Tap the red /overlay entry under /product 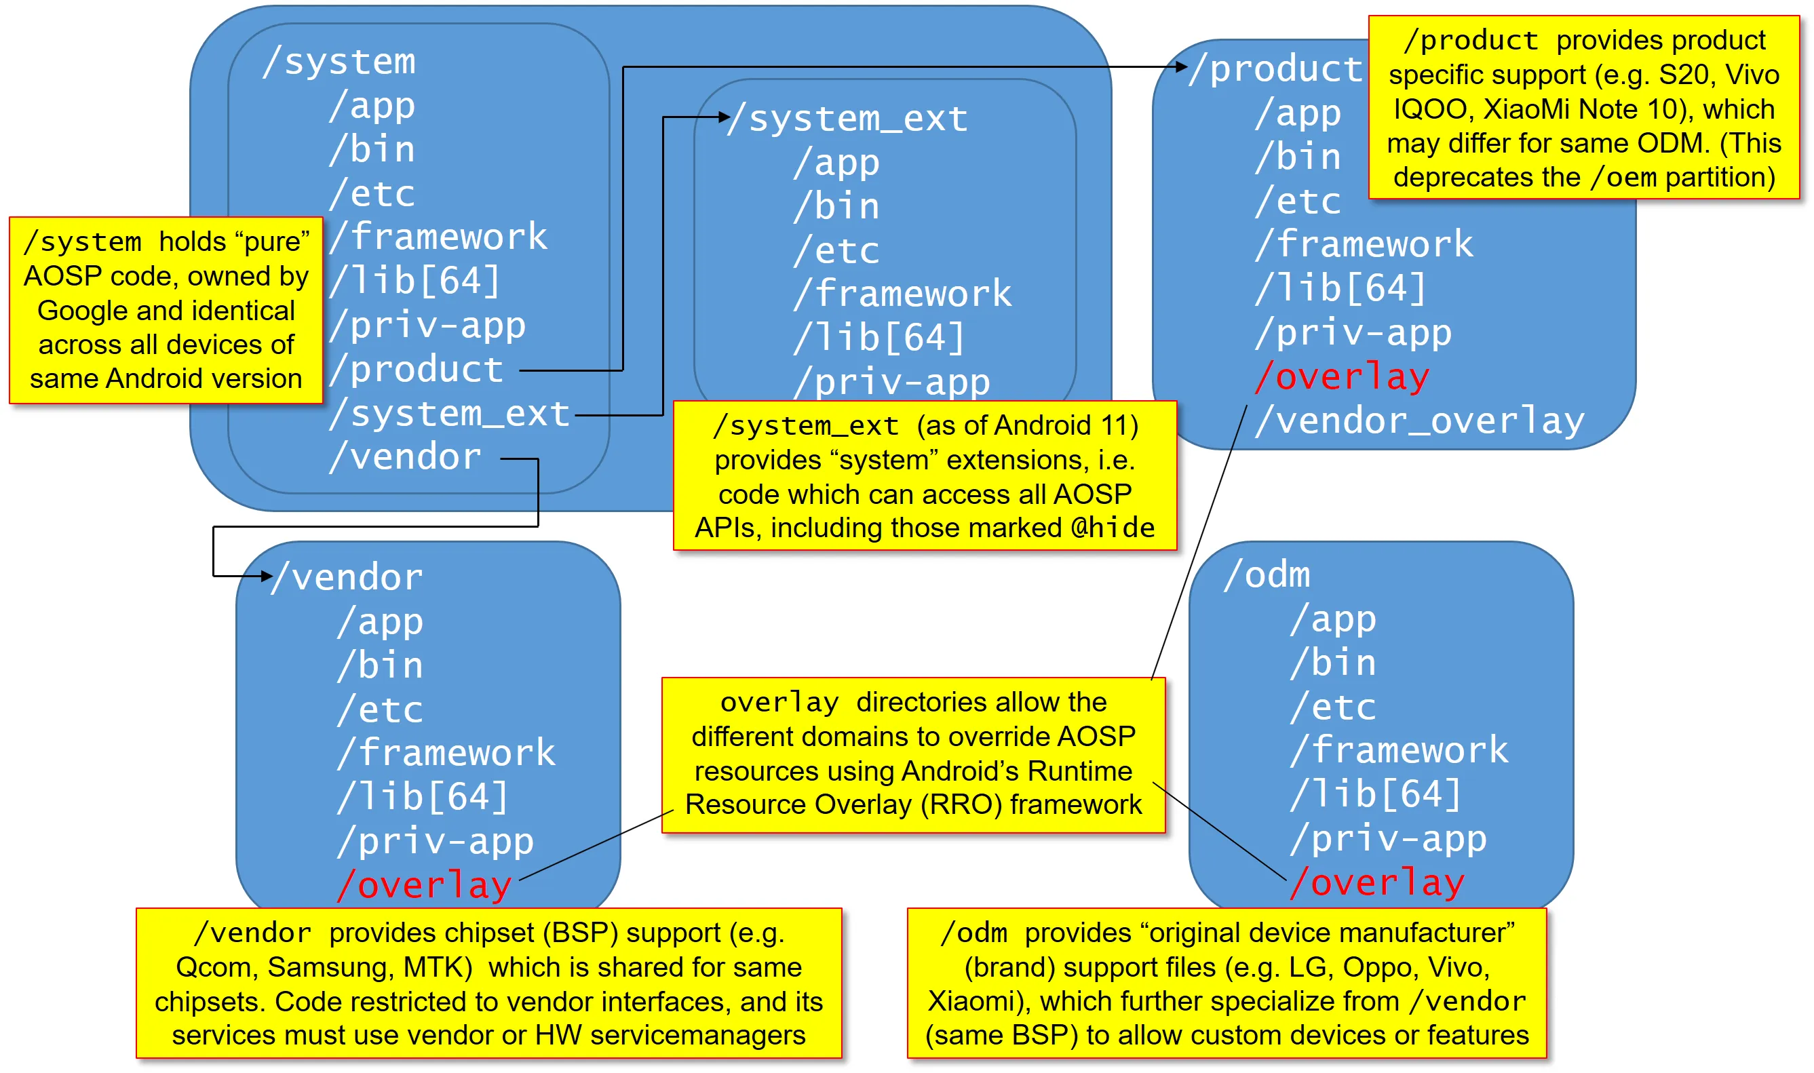pos(1343,376)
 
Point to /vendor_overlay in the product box pos(1420,421)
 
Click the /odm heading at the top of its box pos(1267,576)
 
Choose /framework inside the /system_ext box pos(903,294)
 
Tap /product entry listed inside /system pos(417,370)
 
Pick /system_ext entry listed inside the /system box pos(450,414)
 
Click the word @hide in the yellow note pos(1113,528)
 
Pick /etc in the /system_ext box pos(836,250)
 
